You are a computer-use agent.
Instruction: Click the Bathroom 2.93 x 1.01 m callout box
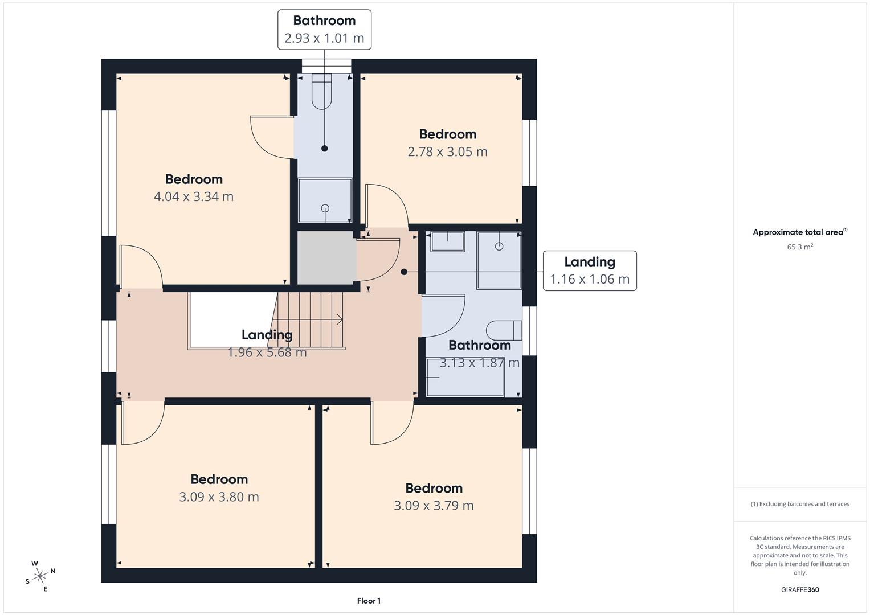324,30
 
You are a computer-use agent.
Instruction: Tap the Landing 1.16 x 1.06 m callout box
590,270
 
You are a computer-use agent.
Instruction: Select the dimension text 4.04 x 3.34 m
193,196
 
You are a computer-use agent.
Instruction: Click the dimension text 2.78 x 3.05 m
447,151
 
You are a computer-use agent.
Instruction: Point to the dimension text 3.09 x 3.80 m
219,497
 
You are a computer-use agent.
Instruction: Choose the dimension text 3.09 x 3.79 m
434,506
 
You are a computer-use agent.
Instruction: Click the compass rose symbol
40,576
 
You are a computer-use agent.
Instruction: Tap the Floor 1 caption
369,601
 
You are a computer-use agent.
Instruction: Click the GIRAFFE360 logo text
800,589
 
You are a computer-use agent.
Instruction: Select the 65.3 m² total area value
800,247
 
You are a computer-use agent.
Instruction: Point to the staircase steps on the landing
309,320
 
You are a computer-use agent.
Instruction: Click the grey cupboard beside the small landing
326,257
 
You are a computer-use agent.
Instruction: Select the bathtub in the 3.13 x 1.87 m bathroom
465,377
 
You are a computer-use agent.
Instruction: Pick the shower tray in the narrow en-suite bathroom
325,200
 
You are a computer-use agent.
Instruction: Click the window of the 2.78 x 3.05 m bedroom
529,153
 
